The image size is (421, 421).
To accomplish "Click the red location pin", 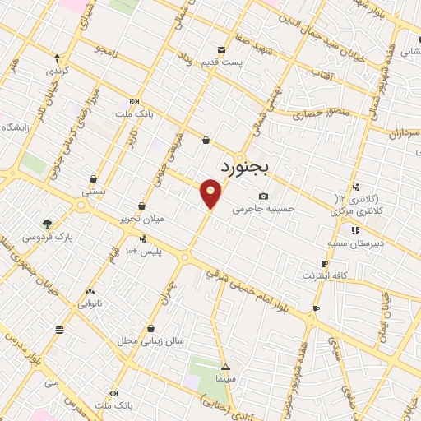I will pos(211,193).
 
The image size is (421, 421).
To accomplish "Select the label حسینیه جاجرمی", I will pos(263,210).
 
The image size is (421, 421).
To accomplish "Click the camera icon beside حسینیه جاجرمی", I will pos(263,196).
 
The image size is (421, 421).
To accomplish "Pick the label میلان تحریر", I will pos(142,220).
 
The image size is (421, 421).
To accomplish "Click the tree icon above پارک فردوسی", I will pos(48,223).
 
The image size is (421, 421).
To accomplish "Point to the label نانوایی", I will pos(90,303).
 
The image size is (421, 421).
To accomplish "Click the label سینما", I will pos(226,381).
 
